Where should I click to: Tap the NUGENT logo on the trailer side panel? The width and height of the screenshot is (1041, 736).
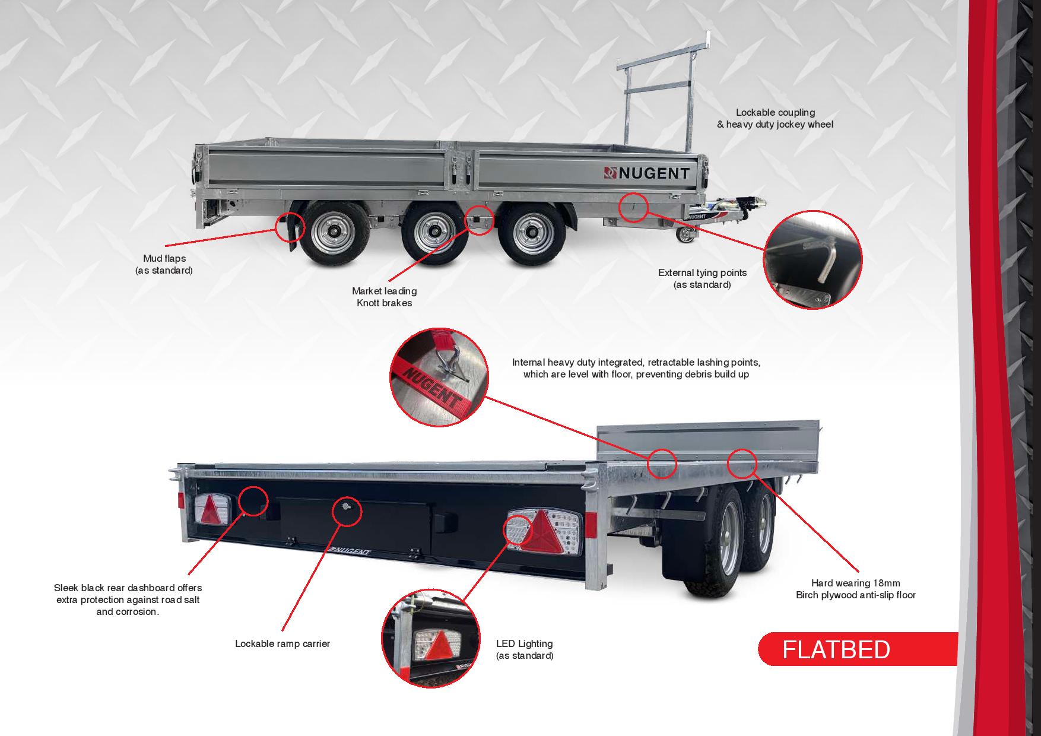646,173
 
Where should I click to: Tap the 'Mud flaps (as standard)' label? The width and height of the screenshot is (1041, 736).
164,264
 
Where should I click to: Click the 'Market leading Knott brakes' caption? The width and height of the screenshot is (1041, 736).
384,297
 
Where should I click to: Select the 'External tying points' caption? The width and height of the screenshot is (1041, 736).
702,278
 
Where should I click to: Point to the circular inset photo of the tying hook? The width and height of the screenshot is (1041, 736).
813,258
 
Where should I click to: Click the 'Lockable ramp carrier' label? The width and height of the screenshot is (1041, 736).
282,643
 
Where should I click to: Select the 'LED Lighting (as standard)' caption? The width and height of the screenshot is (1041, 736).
525,649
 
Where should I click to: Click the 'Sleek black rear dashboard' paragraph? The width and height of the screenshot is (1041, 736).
128,599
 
